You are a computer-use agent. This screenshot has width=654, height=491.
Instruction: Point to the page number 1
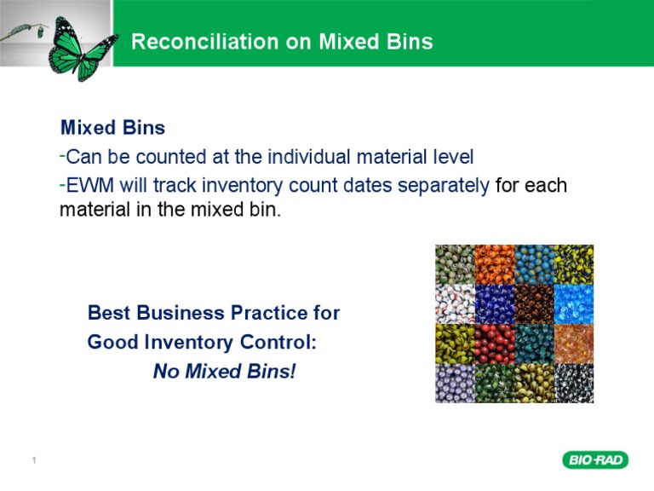[x=33, y=462]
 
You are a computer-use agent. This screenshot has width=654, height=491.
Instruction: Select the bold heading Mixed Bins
[x=112, y=129]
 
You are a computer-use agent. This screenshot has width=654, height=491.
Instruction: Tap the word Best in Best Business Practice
[x=109, y=313]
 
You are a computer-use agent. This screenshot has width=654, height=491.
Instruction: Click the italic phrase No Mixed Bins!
[x=224, y=373]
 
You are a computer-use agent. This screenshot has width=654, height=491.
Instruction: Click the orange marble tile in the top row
[x=494, y=264]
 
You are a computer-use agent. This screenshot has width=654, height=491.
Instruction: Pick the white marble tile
[x=455, y=303]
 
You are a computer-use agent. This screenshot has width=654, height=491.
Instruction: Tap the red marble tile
[x=494, y=343]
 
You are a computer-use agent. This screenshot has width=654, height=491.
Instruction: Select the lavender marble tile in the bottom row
[x=455, y=383]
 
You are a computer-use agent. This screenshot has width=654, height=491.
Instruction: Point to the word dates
[x=345, y=185]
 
